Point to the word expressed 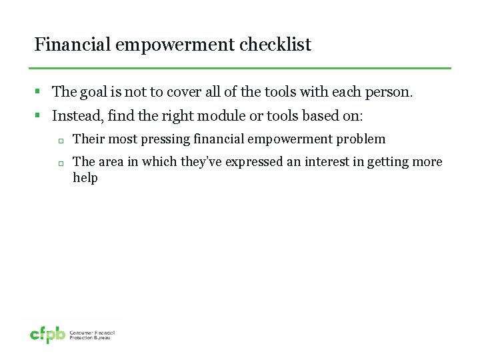pyautogui.click(x=255, y=162)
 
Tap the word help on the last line pyautogui.click(x=85, y=178)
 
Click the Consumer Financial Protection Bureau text pyautogui.click(x=93, y=335)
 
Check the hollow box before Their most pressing pyautogui.click(x=59, y=141)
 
